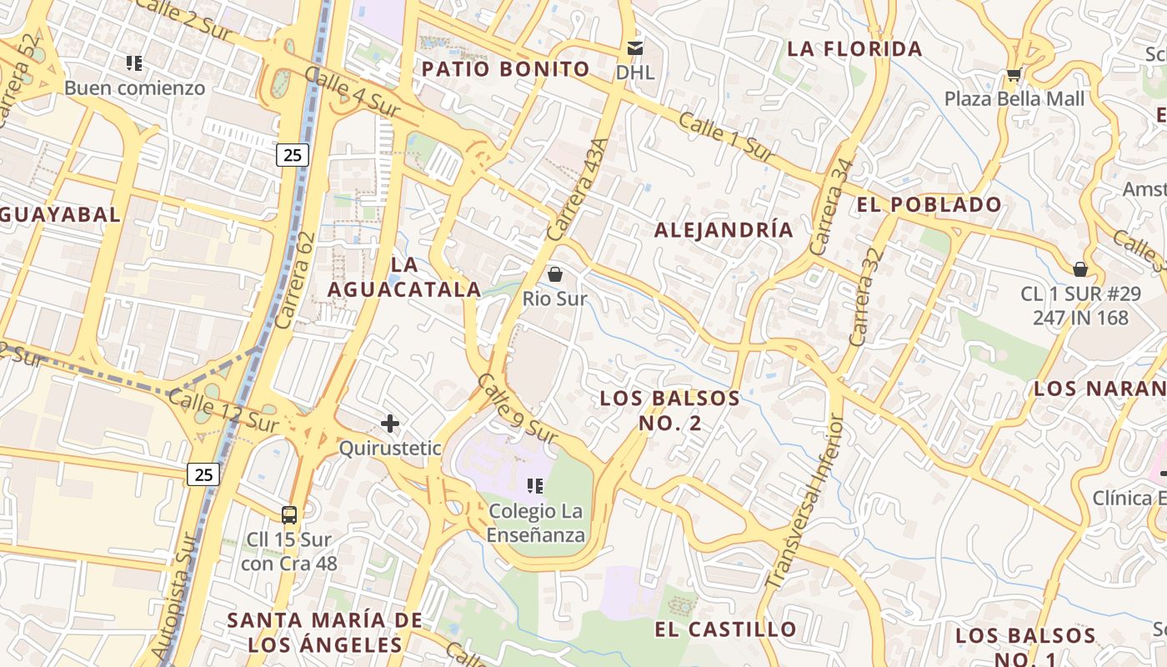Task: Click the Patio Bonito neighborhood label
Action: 506,69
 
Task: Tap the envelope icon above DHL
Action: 636,48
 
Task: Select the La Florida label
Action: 854,49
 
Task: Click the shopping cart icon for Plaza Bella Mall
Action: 1014,76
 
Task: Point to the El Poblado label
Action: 929,204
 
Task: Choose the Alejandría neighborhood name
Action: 724,230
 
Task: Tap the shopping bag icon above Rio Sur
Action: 555,274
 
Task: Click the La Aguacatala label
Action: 404,277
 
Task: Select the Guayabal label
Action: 58,214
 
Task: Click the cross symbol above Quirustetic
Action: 390,424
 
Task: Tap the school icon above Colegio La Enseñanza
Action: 535,486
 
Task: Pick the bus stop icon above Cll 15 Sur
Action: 289,515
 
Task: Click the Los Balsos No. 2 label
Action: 670,410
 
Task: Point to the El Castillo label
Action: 725,629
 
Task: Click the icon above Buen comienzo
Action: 134,63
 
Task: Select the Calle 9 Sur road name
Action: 516,409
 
